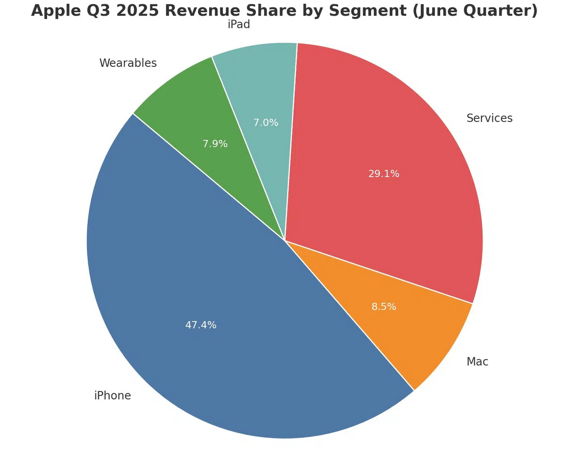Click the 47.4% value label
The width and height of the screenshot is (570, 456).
coord(201,325)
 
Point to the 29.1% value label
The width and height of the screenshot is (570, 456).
coord(384,174)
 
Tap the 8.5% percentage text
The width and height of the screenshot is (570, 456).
coord(384,307)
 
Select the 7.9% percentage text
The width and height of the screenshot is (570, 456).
coord(215,144)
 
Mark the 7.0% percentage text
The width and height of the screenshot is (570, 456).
coord(266,122)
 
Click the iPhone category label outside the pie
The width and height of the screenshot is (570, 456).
coord(112,395)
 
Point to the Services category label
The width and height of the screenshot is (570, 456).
coord(489,118)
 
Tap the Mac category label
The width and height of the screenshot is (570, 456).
coord(477,362)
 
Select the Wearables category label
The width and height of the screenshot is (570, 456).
coord(128,63)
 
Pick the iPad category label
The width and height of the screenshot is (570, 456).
coord(239,25)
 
